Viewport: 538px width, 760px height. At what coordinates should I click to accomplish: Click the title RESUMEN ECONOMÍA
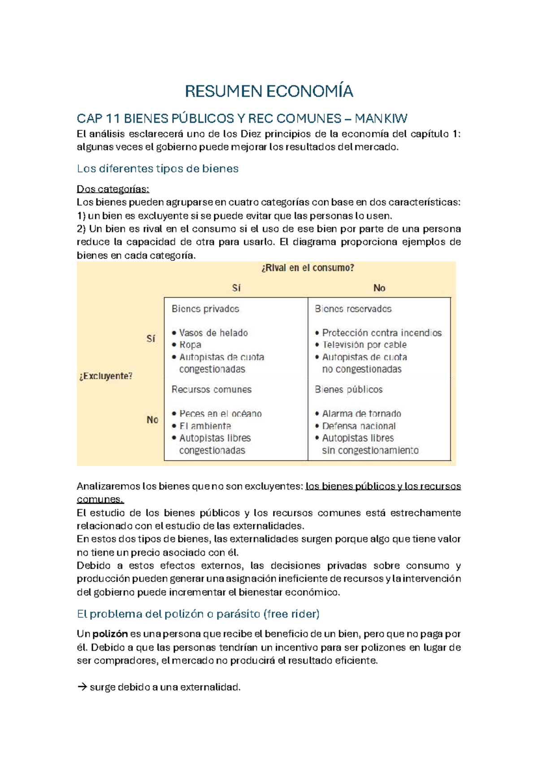pos(269,91)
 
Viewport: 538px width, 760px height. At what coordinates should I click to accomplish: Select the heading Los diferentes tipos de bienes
pos(157,168)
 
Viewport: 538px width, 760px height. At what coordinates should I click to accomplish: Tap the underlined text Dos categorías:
pos(113,189)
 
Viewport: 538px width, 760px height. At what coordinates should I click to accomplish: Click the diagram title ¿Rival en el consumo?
pos(308,268)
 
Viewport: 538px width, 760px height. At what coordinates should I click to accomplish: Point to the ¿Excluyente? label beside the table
pos(106,376)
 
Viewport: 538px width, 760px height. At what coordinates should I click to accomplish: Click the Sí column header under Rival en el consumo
pos(236,288)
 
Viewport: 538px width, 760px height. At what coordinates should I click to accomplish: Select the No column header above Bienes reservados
pos(379,288)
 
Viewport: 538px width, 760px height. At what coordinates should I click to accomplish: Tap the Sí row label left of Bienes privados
pos(151,339)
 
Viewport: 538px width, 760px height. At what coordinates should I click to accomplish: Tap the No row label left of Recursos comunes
pos(152,420)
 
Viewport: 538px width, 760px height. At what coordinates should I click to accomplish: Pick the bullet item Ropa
pos(190,345)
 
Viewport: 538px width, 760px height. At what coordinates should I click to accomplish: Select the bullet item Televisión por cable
pos(364,345)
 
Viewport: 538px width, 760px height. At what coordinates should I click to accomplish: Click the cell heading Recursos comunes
pos(212,389)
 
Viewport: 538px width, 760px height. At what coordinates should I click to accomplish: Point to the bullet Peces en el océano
pos(220,414)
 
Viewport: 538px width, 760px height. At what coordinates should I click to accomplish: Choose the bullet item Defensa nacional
pos(359,426)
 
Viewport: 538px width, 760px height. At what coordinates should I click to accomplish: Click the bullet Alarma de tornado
pos(361,414)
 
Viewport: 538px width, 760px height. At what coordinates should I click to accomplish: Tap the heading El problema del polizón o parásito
pos(198,614)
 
